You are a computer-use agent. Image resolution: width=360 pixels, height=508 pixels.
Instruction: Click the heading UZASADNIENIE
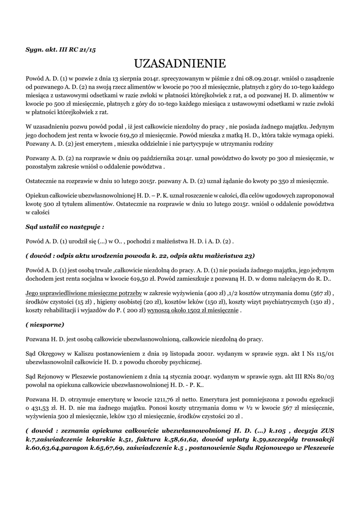point(180,64)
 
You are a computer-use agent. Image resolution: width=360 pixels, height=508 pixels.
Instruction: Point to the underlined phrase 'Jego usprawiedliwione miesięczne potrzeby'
point(84,293)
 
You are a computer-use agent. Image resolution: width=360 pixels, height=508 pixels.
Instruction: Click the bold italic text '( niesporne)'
point(45,324)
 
